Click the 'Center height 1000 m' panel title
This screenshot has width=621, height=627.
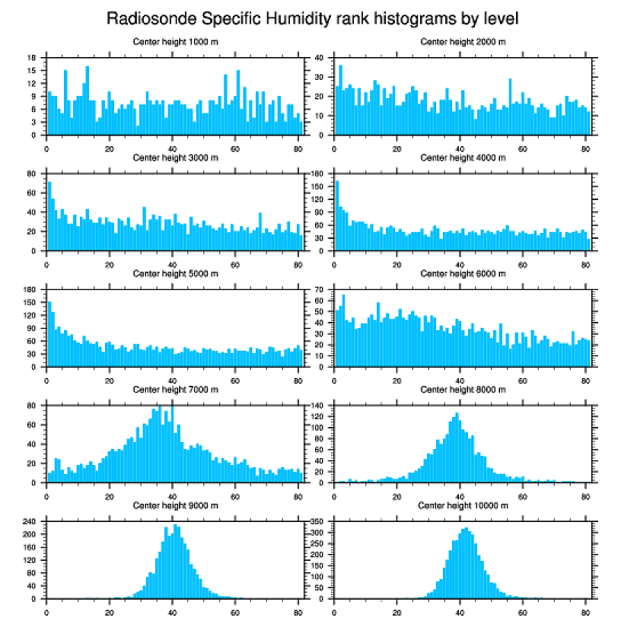175,42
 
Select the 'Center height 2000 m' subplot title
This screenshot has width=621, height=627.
463,42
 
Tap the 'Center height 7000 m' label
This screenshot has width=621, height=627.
175,390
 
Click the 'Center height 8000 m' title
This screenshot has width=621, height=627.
463,390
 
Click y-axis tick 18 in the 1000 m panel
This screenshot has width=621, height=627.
32,57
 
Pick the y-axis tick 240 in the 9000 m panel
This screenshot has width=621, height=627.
30,521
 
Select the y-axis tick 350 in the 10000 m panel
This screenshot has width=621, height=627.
317,521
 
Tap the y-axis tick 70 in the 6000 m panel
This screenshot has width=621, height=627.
320,290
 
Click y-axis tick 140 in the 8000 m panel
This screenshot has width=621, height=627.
317,406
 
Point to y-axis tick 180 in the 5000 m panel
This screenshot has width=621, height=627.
30,290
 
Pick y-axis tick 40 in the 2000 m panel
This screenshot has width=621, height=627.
320,57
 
